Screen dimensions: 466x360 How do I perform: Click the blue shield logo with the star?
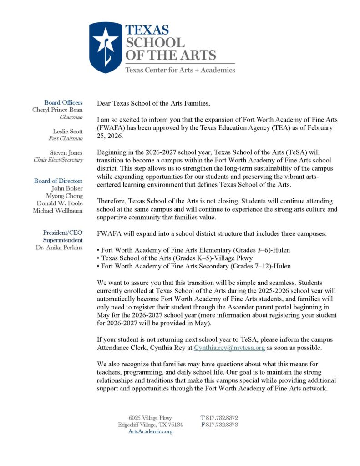(x=106, y=47)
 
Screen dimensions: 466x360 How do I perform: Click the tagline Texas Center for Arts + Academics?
(x=180, y=70)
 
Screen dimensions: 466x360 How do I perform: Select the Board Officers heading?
(x=63, y=103)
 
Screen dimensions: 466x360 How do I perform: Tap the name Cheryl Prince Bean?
(x=57, y=110)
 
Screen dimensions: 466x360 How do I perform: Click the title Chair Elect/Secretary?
(x=58, y=160)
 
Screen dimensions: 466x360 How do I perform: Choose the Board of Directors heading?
(x=58, y=181)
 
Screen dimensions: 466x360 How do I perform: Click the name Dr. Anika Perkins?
(x=59, y=248)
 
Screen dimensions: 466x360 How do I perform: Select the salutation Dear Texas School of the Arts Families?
(x=154, y=103)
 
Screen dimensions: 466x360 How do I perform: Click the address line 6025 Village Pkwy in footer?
(x=150, y=418)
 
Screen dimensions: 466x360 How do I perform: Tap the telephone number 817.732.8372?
(x=219, y=418)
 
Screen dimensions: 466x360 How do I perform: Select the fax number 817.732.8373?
(x=219, y=425)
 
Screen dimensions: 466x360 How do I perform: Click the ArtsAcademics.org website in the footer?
(x=150, y=431)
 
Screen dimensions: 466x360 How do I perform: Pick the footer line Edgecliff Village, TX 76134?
(x=150, y=425)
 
